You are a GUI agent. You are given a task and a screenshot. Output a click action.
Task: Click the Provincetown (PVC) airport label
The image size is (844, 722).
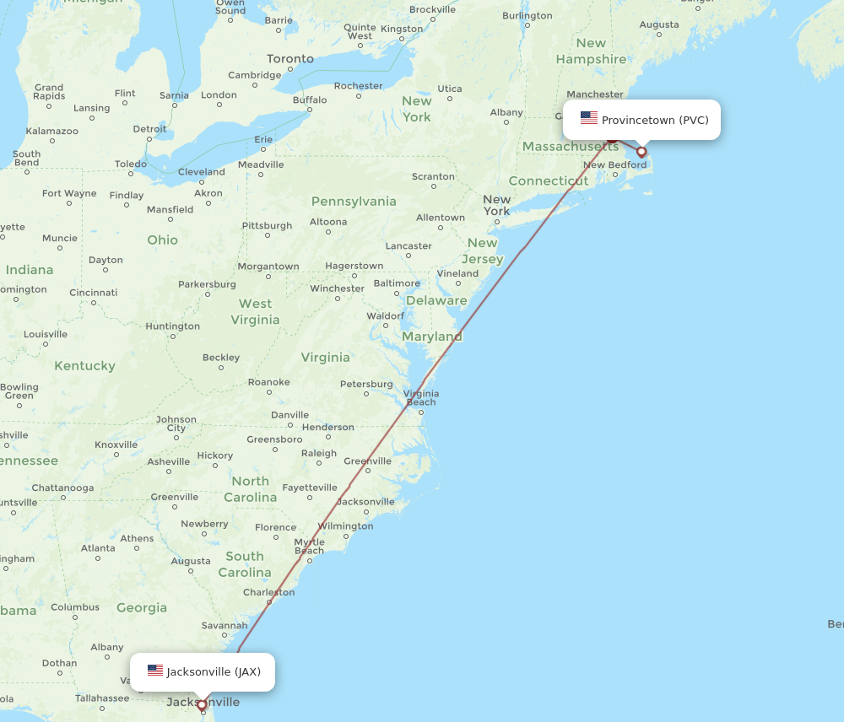654,120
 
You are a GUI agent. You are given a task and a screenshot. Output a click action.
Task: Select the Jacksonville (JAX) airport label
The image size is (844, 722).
214,672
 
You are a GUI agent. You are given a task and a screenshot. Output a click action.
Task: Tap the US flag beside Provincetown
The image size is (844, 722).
589,119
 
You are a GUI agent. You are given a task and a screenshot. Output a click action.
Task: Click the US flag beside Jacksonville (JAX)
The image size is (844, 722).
155,671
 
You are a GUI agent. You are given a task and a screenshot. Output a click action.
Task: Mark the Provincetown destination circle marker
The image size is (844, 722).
641,152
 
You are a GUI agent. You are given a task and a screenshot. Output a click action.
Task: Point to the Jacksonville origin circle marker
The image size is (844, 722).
202,704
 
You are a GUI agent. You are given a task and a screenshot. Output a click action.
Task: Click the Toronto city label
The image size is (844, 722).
290,59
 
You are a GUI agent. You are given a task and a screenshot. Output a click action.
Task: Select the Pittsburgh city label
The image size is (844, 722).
267,226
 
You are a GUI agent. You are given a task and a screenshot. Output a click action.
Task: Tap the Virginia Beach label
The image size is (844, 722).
420,397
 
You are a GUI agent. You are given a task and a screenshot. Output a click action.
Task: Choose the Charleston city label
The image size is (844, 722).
268,592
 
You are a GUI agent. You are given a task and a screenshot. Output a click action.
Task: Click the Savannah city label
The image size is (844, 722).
225,626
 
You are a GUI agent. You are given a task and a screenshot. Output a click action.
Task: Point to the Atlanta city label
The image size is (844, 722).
98,548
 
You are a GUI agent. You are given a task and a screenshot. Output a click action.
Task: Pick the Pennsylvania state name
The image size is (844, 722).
354,202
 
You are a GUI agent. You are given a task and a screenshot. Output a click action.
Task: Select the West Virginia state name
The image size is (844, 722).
255,311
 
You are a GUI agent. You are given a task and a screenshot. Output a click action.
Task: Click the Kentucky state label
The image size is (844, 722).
84,366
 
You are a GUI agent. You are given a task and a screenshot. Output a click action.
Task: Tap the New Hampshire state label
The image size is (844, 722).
591,51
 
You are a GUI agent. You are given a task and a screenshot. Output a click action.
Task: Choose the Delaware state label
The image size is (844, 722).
436,300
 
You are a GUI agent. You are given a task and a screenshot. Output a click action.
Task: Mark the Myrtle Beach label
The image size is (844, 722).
309,547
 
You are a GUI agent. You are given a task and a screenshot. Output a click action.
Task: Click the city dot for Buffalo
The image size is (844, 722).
310,110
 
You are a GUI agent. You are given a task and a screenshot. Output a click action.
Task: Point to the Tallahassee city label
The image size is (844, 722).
101,698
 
